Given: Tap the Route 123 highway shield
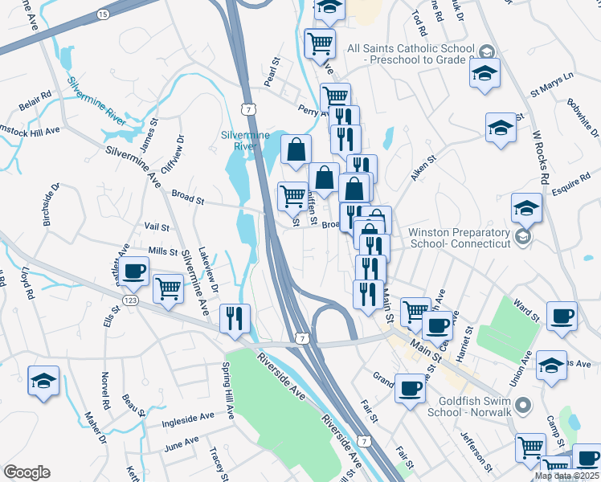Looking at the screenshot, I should pyautogui.click(x=129, y=300).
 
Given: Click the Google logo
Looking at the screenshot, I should pyautogui.click(x=27, y=472).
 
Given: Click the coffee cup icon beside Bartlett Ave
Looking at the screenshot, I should pyautogui.click(x=135, y=271).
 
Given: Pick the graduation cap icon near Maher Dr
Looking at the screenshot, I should pyautogui.click(x=43, y=380).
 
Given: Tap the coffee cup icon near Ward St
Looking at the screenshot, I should pyautogui.click(x=562, y=316).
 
